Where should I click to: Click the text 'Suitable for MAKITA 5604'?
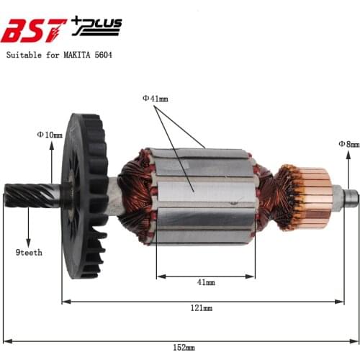click(59, 54)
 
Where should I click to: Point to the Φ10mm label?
click(50, 134)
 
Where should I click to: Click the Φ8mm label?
click(348, 144)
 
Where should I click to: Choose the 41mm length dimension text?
click(204, 282)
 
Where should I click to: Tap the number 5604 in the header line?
click(101, 54)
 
